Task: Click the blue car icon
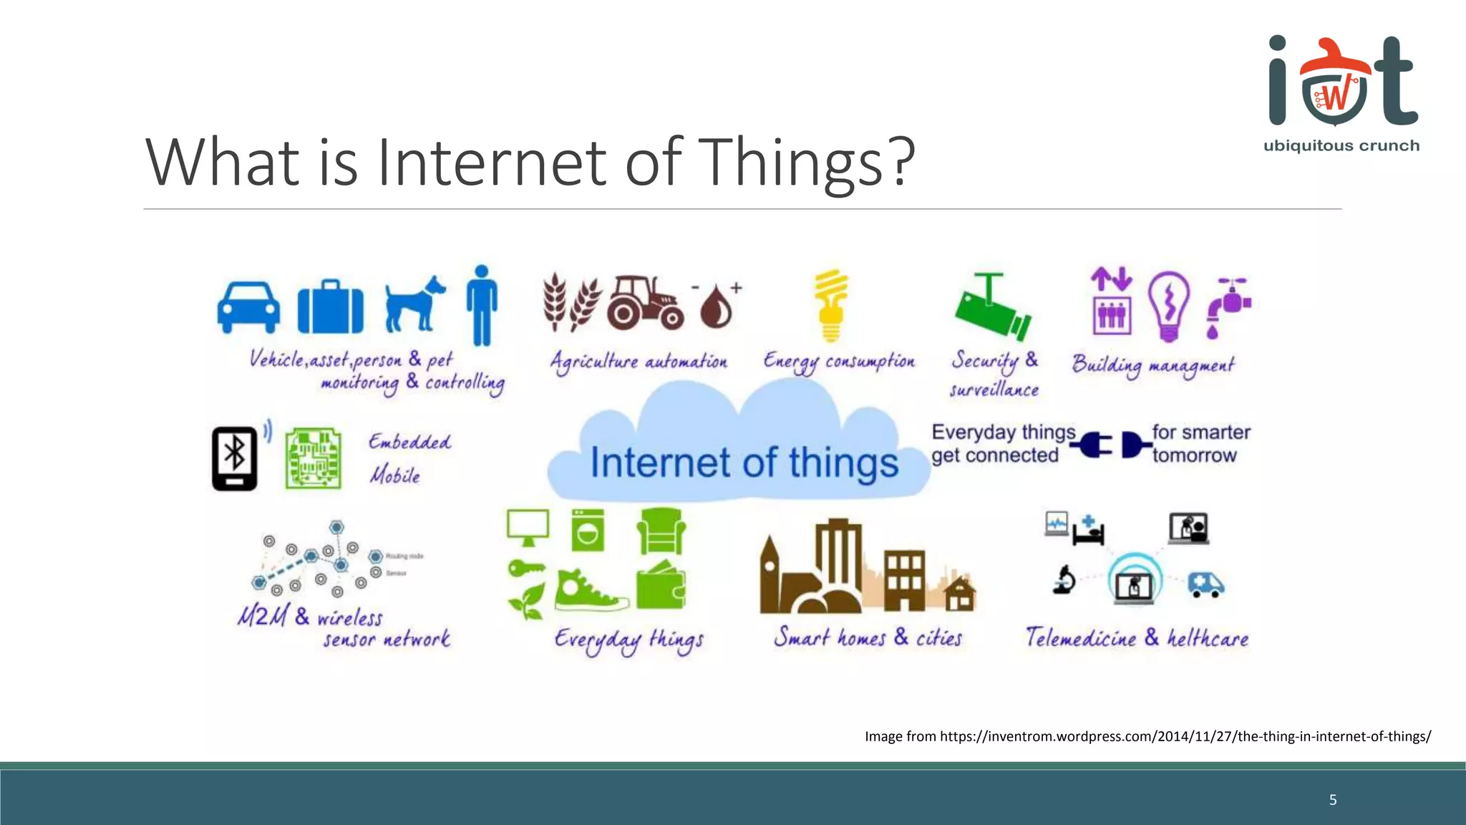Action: [248, 307]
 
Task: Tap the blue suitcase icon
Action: [330, 307]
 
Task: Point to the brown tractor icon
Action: [644, 303]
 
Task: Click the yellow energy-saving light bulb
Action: [830, 306]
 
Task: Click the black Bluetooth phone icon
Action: [235, 458]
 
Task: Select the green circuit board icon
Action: [313, 458]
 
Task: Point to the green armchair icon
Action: [661, 531]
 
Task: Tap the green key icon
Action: [526, 569]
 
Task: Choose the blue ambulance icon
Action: [1205, 584]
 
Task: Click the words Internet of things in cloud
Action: [744, 463]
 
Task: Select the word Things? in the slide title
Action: [806, 163]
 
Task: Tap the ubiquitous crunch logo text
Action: [1341, 146]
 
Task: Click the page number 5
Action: [1332, 800]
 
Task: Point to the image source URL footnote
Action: [1147, 736]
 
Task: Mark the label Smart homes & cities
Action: [867, 637]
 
